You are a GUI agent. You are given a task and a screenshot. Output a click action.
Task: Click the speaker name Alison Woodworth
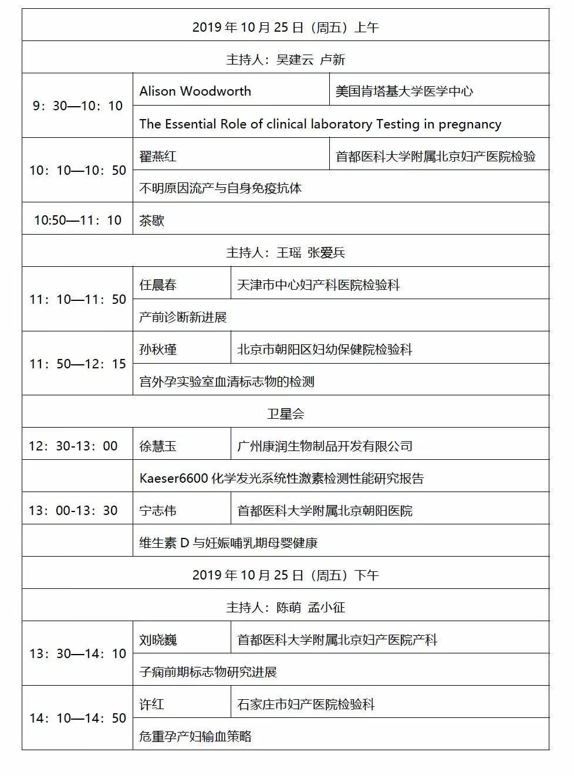click(195, 92)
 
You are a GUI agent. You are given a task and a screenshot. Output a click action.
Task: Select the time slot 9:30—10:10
click(77, 106)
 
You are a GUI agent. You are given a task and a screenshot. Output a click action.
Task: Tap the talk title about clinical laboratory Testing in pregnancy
click(320, 124)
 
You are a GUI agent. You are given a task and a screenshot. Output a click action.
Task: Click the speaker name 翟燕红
click(157, 157)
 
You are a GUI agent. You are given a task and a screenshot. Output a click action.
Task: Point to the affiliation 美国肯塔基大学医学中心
click(404, 92)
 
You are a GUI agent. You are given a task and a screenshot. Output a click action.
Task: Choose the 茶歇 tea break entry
click(151, 221)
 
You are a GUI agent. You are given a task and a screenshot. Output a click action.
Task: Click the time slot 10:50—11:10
click(77, 221)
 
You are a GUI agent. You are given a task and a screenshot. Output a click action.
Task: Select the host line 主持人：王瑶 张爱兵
click(285, 253)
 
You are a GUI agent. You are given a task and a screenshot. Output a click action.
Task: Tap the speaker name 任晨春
click(157, 285)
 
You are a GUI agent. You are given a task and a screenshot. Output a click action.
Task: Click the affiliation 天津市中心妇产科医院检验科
click(318, 285)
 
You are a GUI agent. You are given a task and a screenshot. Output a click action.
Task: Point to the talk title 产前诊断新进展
click(183, 317)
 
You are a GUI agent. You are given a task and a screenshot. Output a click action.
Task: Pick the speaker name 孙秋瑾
click(157, 350)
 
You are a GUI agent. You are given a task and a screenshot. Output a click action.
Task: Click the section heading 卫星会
click(285, 414)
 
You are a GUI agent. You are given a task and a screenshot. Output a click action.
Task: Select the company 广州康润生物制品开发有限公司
click(325, 446)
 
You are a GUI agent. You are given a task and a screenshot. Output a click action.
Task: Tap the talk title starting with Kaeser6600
click(281, 479)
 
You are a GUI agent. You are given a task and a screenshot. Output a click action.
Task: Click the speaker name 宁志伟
click(157, 511)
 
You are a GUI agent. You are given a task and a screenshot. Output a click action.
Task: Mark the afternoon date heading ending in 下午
click(285, 575)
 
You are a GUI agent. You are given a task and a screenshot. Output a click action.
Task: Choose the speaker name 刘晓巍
click(157, 640)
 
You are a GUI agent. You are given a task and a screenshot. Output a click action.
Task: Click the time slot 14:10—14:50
click(77, 719)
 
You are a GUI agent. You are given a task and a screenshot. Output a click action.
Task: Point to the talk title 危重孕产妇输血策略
click(195, 737)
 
